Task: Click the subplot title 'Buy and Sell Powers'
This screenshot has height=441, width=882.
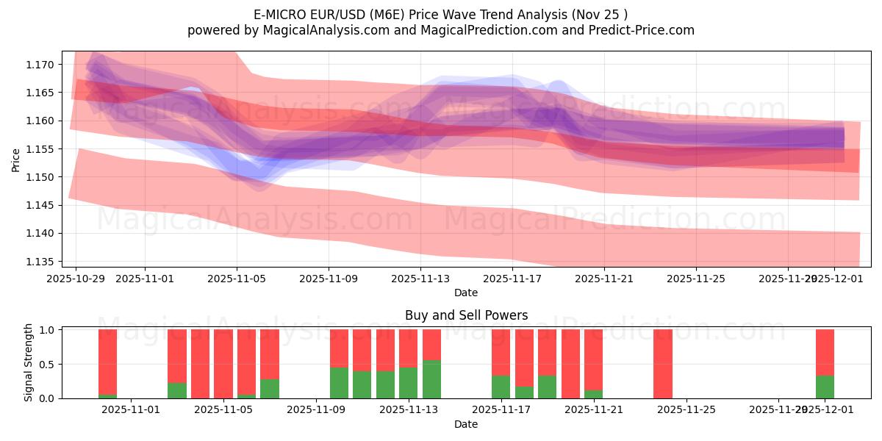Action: [x=466, y=315]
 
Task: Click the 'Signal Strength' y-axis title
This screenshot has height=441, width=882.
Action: [x=29, y=362]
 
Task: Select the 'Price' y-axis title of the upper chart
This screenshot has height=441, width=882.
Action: [x=16, y=159]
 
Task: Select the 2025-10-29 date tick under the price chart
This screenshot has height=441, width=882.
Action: [x=76, y=279]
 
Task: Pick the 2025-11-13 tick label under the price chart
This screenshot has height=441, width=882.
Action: [x=420, y=279]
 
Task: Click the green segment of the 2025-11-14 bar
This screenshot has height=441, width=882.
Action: [x=431, y=379]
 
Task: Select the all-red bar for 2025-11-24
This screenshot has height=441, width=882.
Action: [x=662, y=364]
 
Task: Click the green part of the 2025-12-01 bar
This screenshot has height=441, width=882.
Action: [x=825, y=387]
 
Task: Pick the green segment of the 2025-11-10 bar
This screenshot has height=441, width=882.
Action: [x=339, y=383]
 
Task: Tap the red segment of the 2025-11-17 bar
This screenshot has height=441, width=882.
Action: [x=501, y=352]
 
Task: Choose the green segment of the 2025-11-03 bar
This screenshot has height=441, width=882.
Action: [x=177, y=390]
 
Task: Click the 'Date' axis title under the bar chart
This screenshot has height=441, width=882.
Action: [x=466, y=424]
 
